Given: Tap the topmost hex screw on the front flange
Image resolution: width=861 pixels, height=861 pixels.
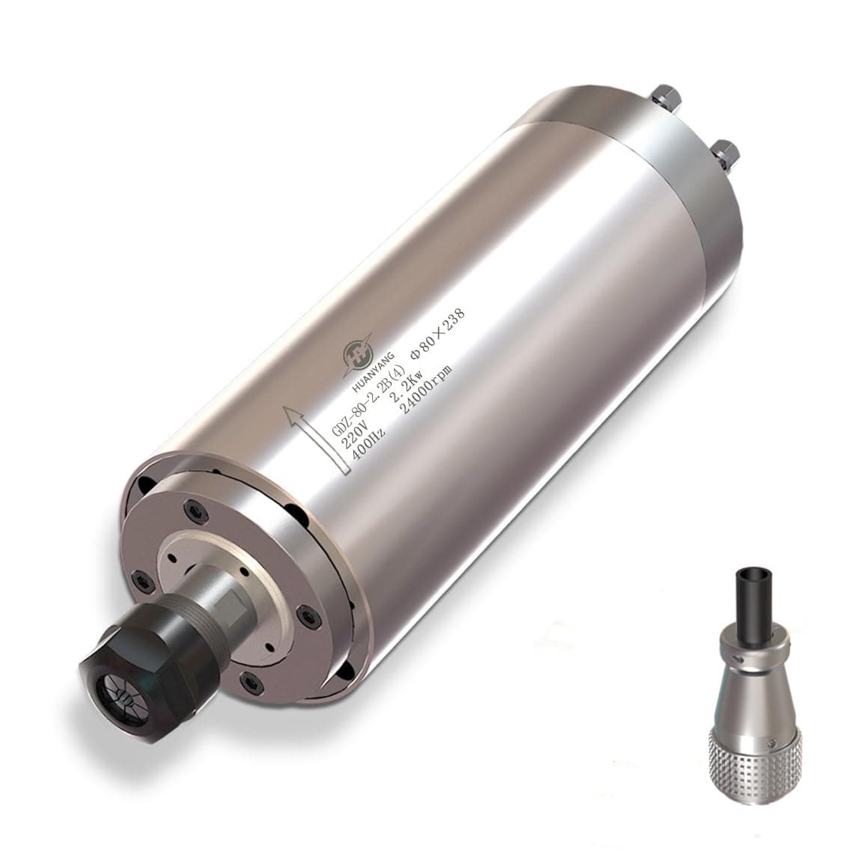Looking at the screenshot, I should [x=198, y=510].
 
